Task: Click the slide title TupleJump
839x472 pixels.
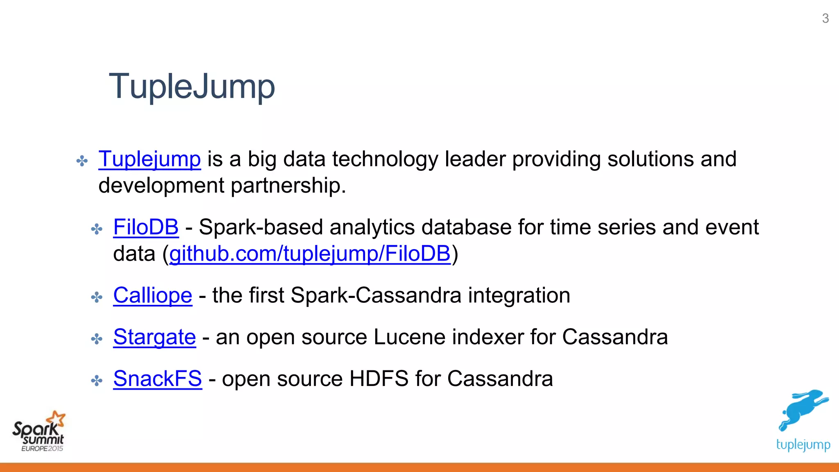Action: [x=192, y=86]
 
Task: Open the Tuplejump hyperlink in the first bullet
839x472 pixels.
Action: [x=150, y=159]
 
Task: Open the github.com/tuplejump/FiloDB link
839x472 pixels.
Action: [x=310, y=254]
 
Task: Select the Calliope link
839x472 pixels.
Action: [x=152, y=295]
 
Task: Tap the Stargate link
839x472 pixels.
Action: [x=154, y=337]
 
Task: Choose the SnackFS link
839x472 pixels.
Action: [x=157, y=379]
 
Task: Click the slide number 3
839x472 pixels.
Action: [x=825, y=18]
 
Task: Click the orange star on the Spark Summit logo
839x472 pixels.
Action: [x=56, y=419]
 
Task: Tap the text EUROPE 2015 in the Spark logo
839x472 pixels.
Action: [x=42, y=449]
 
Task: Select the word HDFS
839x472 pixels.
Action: [x=379, y=379]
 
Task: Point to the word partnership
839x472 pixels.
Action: [x=288, y=186]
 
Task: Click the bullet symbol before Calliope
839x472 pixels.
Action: [x=97, y=297]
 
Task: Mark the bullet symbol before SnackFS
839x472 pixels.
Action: [x=97, y=381]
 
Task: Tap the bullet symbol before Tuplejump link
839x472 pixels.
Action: [x=82, y=161]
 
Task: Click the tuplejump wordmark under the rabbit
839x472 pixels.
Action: [x=803, y=445]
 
